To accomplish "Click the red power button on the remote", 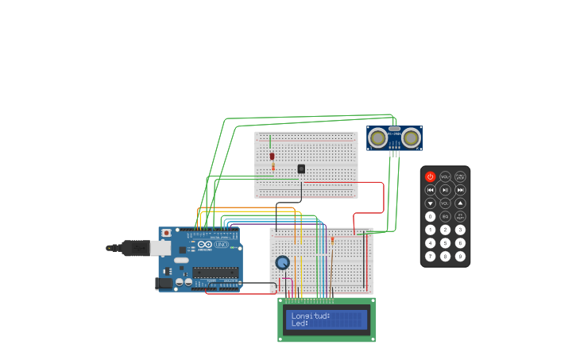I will [431, 176].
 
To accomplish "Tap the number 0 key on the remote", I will [431, 216].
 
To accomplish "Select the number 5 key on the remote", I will [445, 243].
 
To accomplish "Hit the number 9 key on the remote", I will [460, 256].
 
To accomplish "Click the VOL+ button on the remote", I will [445, 176].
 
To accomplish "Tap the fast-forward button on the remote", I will [460, 190].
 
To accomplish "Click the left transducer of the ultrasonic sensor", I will [378, 138].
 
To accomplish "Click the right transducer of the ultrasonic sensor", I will [410, 138].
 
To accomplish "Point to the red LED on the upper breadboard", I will [272, 156].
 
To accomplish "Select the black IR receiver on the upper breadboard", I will [301, 168].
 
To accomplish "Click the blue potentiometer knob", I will [282, 262].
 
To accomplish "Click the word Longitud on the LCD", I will [311, 315].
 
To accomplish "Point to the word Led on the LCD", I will [300, 323].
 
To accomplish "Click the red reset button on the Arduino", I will [166, 233].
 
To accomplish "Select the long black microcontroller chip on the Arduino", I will [215, 273].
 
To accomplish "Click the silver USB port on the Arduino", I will [160, 248].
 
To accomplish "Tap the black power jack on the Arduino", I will [163, 283].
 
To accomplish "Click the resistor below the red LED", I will [273, 167].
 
